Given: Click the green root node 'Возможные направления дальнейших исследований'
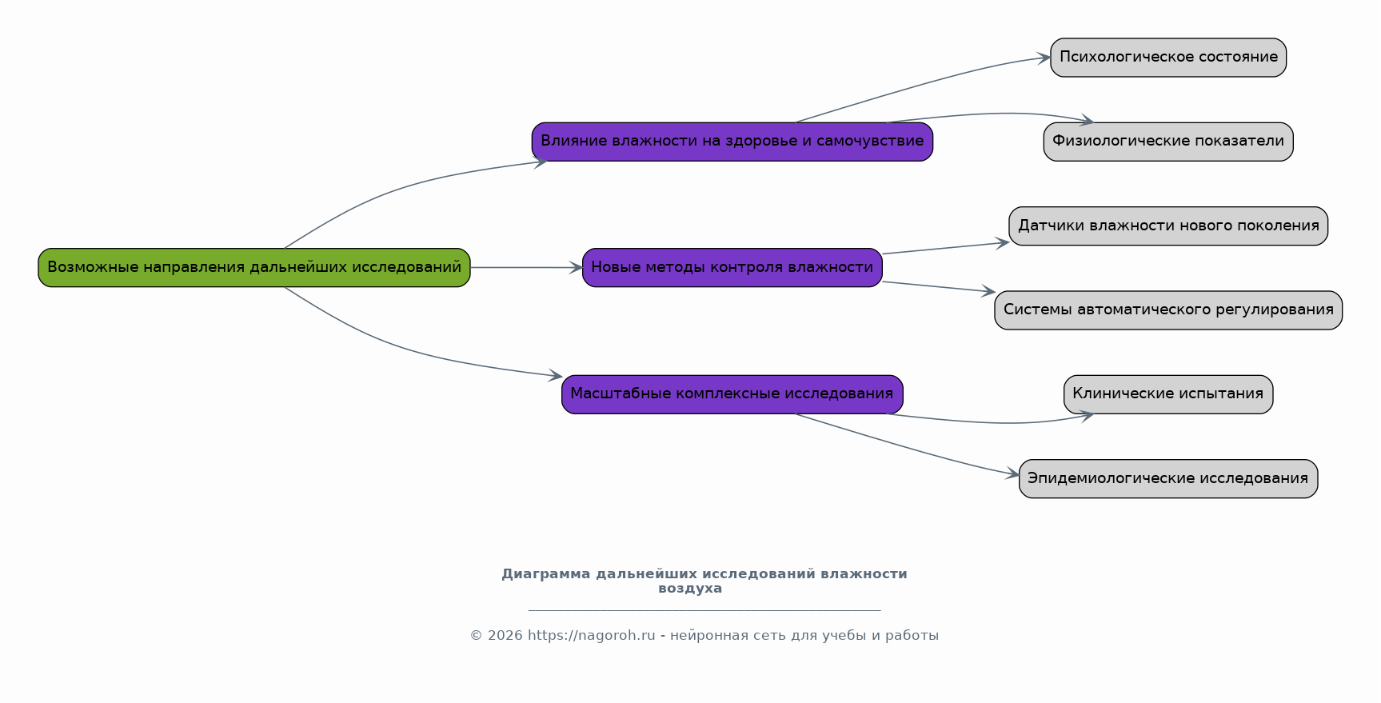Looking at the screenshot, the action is [x=254, y=268].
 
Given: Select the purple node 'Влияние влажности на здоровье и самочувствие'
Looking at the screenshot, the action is [x=732, y=142].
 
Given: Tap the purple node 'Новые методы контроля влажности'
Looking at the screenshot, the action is [x=732, y=268].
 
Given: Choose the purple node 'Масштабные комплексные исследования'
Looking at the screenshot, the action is [x=732, y=394].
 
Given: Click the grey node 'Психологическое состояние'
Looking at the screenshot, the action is [x=1168, y=58].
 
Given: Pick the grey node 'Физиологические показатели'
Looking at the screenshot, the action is [x=1168, y=142].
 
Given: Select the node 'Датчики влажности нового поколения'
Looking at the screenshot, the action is [x=1168, y=226].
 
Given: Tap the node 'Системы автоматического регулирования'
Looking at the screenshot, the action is [x=1168, y=310].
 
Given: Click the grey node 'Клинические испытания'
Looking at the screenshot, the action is [x=1168, y=394].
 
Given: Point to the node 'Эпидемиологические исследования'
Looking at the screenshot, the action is [x=1168, y=479].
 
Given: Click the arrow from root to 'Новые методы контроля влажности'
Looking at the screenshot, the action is [x=526, y=268].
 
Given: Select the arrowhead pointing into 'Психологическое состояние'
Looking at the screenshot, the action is [x=1043, y=58].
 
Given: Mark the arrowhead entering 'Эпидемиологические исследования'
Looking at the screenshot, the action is [x=1012, y=474].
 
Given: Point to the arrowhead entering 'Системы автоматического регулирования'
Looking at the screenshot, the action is [x=988, y=292].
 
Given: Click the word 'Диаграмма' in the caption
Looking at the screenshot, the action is [x=546, y=574].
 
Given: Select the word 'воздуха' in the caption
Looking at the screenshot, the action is [x=690, y=589].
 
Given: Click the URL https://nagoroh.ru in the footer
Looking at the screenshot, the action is [x=592, y=636].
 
